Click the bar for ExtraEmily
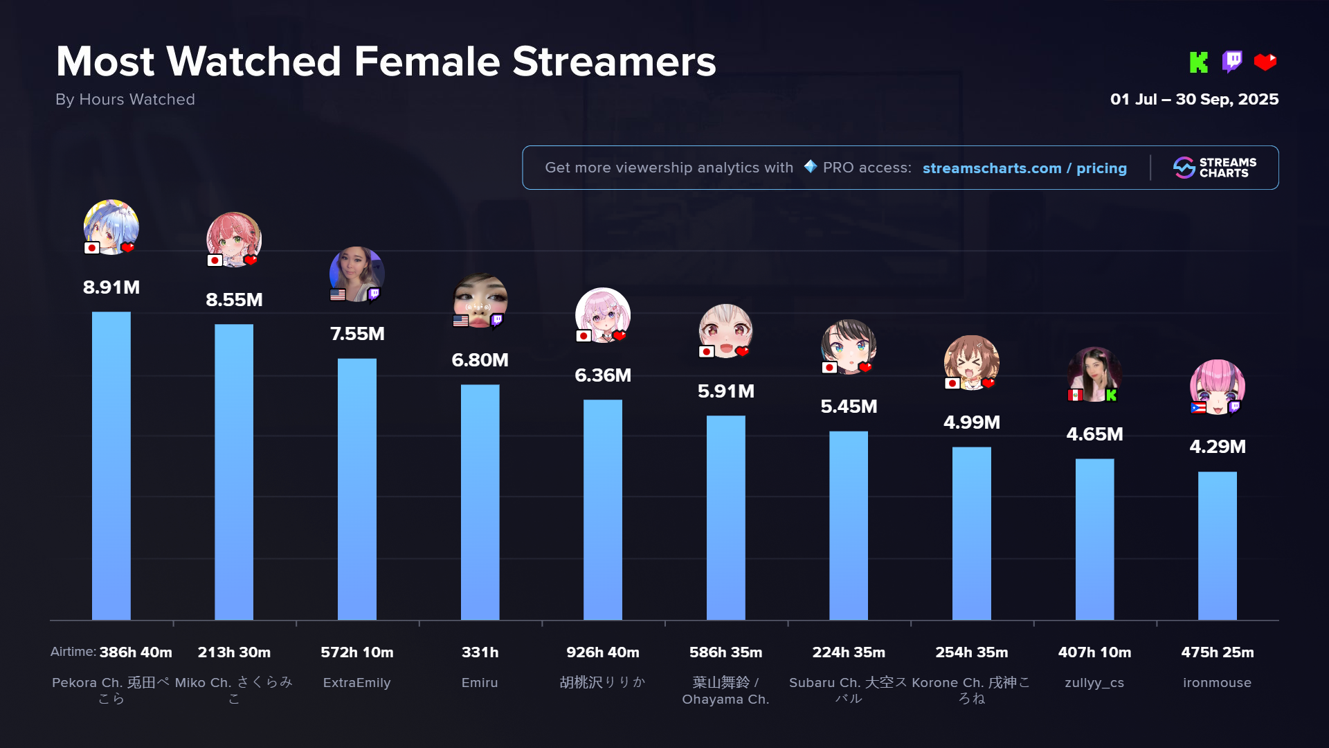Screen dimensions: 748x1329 (x=356, y=488)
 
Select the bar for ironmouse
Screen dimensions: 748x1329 (x=1217, y=545)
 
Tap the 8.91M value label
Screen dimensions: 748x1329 (x=111, y=287)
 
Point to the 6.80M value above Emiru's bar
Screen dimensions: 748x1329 (x=480, y=360)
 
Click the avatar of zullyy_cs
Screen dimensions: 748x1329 (x=1094, y=374)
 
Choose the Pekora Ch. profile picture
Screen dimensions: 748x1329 (x=111, y=226)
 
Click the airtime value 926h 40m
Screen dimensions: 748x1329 (x=602, y=652)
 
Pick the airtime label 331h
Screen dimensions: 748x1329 (x=480, y=652)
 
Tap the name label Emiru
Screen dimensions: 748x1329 (x=480, y=683)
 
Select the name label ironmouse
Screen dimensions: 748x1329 (x=1217, y=683)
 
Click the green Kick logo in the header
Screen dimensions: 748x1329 (x=1198, y=62)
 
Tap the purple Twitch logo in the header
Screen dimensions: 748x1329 (x=1232, y=62)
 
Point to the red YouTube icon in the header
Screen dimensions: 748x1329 (x=1265, y=62)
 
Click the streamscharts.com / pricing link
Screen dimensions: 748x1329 (x=1024, y=168)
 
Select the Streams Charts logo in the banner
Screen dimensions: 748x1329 (x=1215, y=168)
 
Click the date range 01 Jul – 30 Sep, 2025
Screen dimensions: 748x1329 (x=1194, y=100)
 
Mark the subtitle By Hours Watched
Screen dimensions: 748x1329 (x=125, y=100)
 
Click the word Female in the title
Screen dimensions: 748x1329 (x=426, y=62)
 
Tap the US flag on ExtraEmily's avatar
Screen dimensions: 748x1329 (x=338, y=294)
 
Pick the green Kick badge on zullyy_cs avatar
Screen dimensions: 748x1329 (x=1112, y=395)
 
